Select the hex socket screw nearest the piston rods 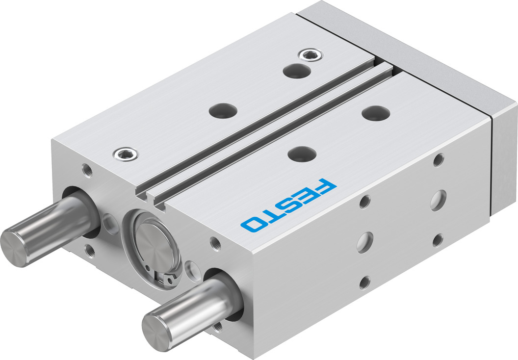coord(126,155)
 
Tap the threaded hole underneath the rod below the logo coord(218,326)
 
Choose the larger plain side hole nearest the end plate coord(438,200)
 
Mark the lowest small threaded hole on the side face coord(364,282)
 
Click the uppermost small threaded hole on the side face coord(439,160)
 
